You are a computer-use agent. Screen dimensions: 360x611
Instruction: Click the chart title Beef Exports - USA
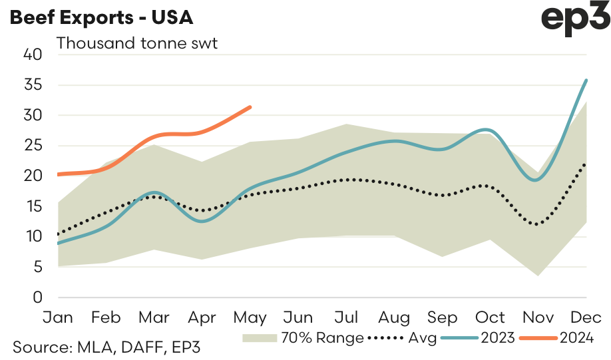[x=101, y=17]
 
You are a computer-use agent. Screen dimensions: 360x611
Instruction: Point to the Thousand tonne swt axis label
[x=137, y=44]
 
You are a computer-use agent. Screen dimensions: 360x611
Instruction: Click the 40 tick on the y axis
[x=33, y=55]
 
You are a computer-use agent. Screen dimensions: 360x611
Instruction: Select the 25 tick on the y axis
[x=33, y=146]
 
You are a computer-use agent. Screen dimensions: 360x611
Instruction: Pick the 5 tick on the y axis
[x=37, y=268]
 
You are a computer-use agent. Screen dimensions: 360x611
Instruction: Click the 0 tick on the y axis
[x=37, y=297]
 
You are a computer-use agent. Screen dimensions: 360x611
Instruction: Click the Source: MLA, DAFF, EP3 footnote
[x=106, y=347]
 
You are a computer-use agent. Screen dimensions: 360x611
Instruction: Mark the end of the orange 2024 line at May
[x=250, y=106]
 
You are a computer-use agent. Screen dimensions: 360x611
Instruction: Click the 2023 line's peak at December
[x=586, y=80]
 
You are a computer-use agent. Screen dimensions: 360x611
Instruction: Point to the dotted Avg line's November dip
[x=537, y=224]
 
